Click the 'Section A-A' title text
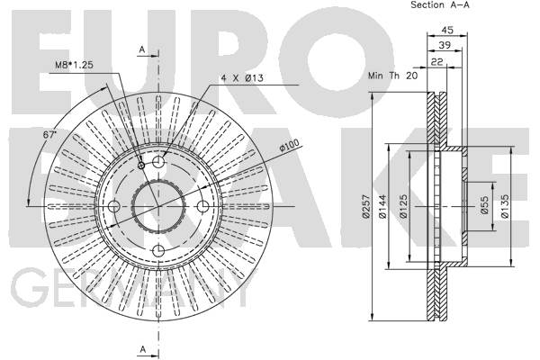[x=440, y=4]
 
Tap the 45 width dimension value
[x=447, y=30]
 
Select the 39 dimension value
[x=445, y=45]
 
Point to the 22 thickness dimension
[x=437, y=62]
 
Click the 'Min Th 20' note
[x=393, y=76]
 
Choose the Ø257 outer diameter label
[x=365, y=206]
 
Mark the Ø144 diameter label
[x=382, y=206]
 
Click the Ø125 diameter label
[x=403, y=206]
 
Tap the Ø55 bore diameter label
[x=484, y=205]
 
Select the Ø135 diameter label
[x=505, y=206]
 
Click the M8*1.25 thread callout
[x=75, y=65]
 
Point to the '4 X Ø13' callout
[x=242, y=78]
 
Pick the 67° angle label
[x=49, y=135]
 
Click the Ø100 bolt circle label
[x=289, y=145]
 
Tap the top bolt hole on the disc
[x=158, y=162]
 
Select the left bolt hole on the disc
[x=114, y=206]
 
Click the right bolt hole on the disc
[x=202, y=206]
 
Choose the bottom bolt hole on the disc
[x=158, y=251]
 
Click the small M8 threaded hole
[x=141, y=166]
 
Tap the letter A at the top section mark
[x=142, y=50]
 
